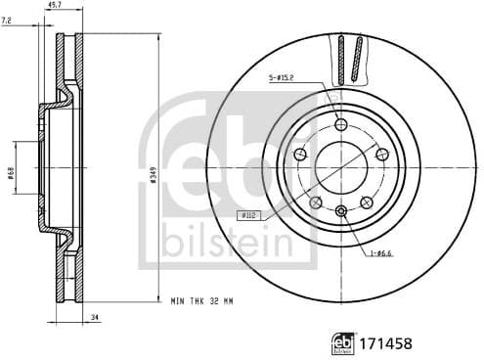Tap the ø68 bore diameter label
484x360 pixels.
tap(11, 172)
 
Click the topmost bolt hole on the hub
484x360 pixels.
tap(340, 124)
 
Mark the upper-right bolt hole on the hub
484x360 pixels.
tap(381, 154)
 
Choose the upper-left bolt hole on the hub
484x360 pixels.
tap(299, 154)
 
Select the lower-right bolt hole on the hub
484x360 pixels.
tap(366, 202)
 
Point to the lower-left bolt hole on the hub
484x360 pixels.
tap(315, 202)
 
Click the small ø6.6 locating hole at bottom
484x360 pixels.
tap(340, 211)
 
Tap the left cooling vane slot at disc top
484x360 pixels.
tap(340, 60)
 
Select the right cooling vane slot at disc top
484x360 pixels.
tap(358, 58)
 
